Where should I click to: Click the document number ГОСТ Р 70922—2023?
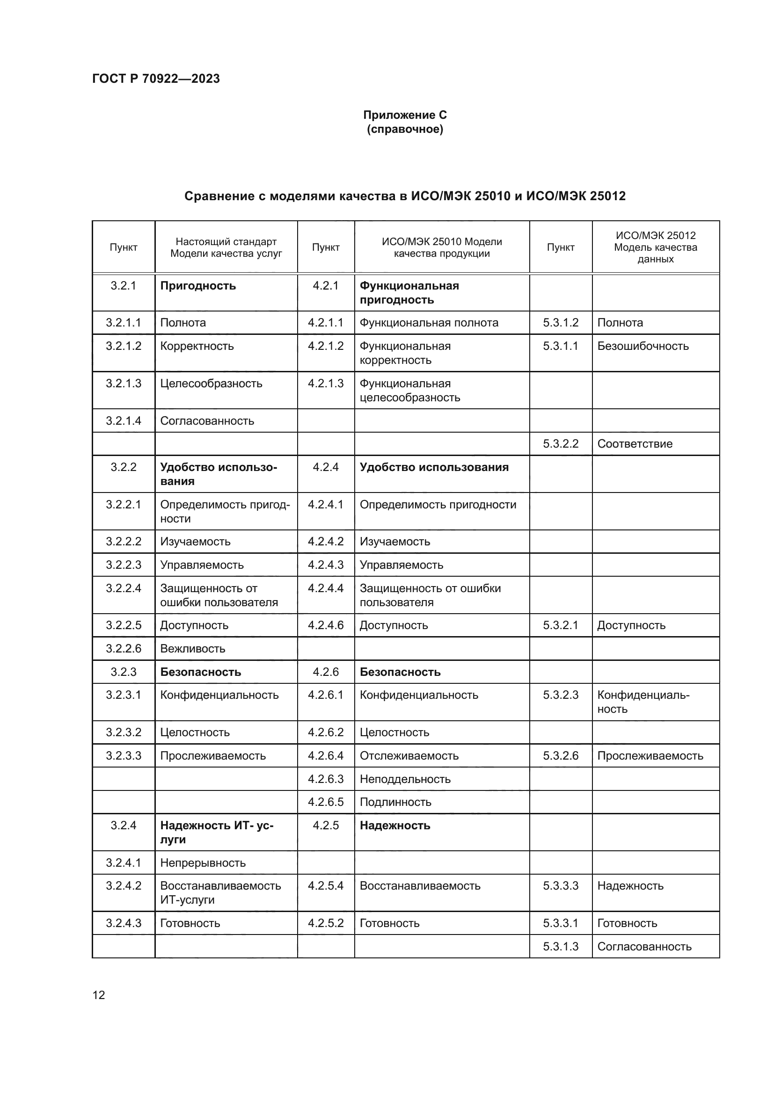pos(156,79)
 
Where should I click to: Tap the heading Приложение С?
pos(405,115)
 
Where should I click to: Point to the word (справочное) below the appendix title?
pos(405,130)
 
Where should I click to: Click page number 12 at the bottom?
pos(99,995)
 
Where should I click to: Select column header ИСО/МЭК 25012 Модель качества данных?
pos(655,247)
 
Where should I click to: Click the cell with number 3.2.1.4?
pos(124,421)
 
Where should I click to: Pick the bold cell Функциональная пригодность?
pos(409,292)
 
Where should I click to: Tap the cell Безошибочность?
pos(643,346)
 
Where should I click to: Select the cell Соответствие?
pos(635,443)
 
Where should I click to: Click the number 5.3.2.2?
pos(561,443)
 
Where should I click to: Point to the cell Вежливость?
pos(192,648)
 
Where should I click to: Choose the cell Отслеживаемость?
pos(409,756)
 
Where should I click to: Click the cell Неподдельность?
pos(405,779)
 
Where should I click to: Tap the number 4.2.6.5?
pos(326,802)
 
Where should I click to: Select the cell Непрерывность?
pos(203,863)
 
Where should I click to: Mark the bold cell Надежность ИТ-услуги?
pos(216,833)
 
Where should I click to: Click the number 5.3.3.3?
pos(561,886)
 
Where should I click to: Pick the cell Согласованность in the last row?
pos(644,947)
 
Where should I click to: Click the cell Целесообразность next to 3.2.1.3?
pos(211,384)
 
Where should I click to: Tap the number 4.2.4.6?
pos(326,625)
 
